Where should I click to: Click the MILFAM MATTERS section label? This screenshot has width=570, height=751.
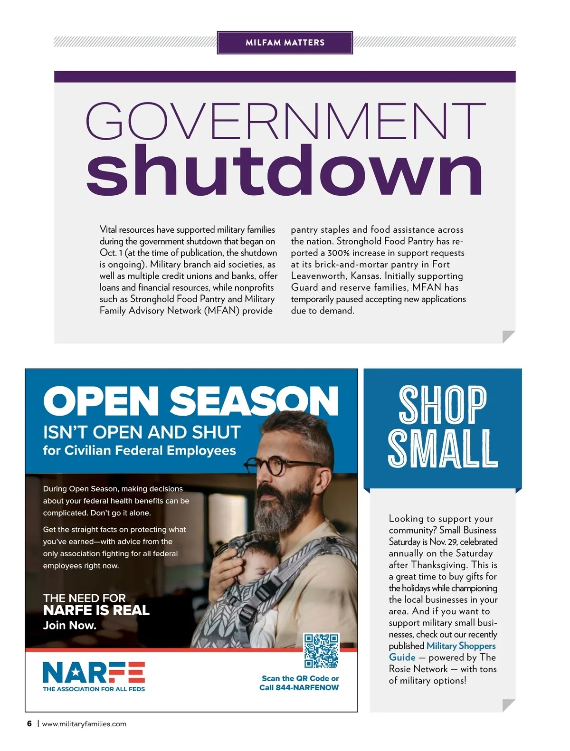coord(285,42)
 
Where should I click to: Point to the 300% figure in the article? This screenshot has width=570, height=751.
coord(338,253)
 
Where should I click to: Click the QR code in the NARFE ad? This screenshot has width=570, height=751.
coord(322,651)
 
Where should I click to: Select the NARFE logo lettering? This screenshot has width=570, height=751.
coord(94,672)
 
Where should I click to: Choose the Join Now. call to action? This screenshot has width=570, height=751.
coord(70,625)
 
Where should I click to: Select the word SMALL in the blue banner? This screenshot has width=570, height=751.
coord(442,448)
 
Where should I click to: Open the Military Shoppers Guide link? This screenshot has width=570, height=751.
coord(442,651)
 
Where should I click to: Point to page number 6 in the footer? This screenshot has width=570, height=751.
coord(29,724)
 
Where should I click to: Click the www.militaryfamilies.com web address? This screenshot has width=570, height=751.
coord(84,724)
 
